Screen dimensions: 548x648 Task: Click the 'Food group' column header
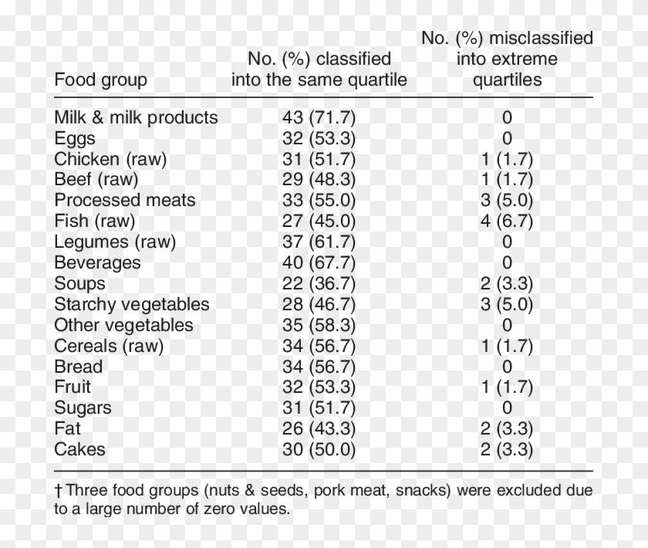[x=100, y=79]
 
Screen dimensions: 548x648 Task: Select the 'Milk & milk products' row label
[x=136, y=117]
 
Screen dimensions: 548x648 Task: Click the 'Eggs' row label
[x=75, y=138]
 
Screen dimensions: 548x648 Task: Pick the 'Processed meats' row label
[x=125, y=201]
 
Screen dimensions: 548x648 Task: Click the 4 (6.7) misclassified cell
[x=507, y=222]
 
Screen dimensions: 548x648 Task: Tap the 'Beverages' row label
[x=97, y=262]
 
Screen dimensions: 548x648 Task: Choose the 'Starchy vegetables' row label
[x=132, y=304]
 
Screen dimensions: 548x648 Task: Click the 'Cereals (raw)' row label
[x=109, y=346]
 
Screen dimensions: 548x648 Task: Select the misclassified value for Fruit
[x=507, y=387]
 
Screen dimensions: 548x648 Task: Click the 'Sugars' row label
[x=83, y=408]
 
